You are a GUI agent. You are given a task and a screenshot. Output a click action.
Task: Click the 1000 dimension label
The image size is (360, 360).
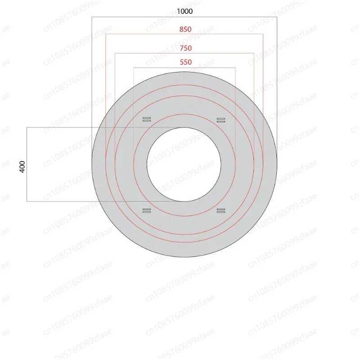184,11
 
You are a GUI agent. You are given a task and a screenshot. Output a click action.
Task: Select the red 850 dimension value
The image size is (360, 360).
185,29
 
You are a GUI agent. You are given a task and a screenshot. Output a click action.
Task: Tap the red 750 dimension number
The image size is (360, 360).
186,48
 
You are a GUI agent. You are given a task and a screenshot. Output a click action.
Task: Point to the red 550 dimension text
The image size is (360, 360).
186,62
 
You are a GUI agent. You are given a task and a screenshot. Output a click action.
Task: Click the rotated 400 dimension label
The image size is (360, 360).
22,166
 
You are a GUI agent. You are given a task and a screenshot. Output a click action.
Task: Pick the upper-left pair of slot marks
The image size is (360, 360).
147,119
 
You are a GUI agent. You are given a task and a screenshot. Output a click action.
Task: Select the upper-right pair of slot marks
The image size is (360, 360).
221,120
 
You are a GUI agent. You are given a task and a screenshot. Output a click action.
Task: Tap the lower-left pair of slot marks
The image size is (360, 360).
147,211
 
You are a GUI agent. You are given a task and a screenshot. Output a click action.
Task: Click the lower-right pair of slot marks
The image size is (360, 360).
221,211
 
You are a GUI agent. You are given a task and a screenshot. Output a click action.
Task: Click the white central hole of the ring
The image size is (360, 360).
184,164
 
